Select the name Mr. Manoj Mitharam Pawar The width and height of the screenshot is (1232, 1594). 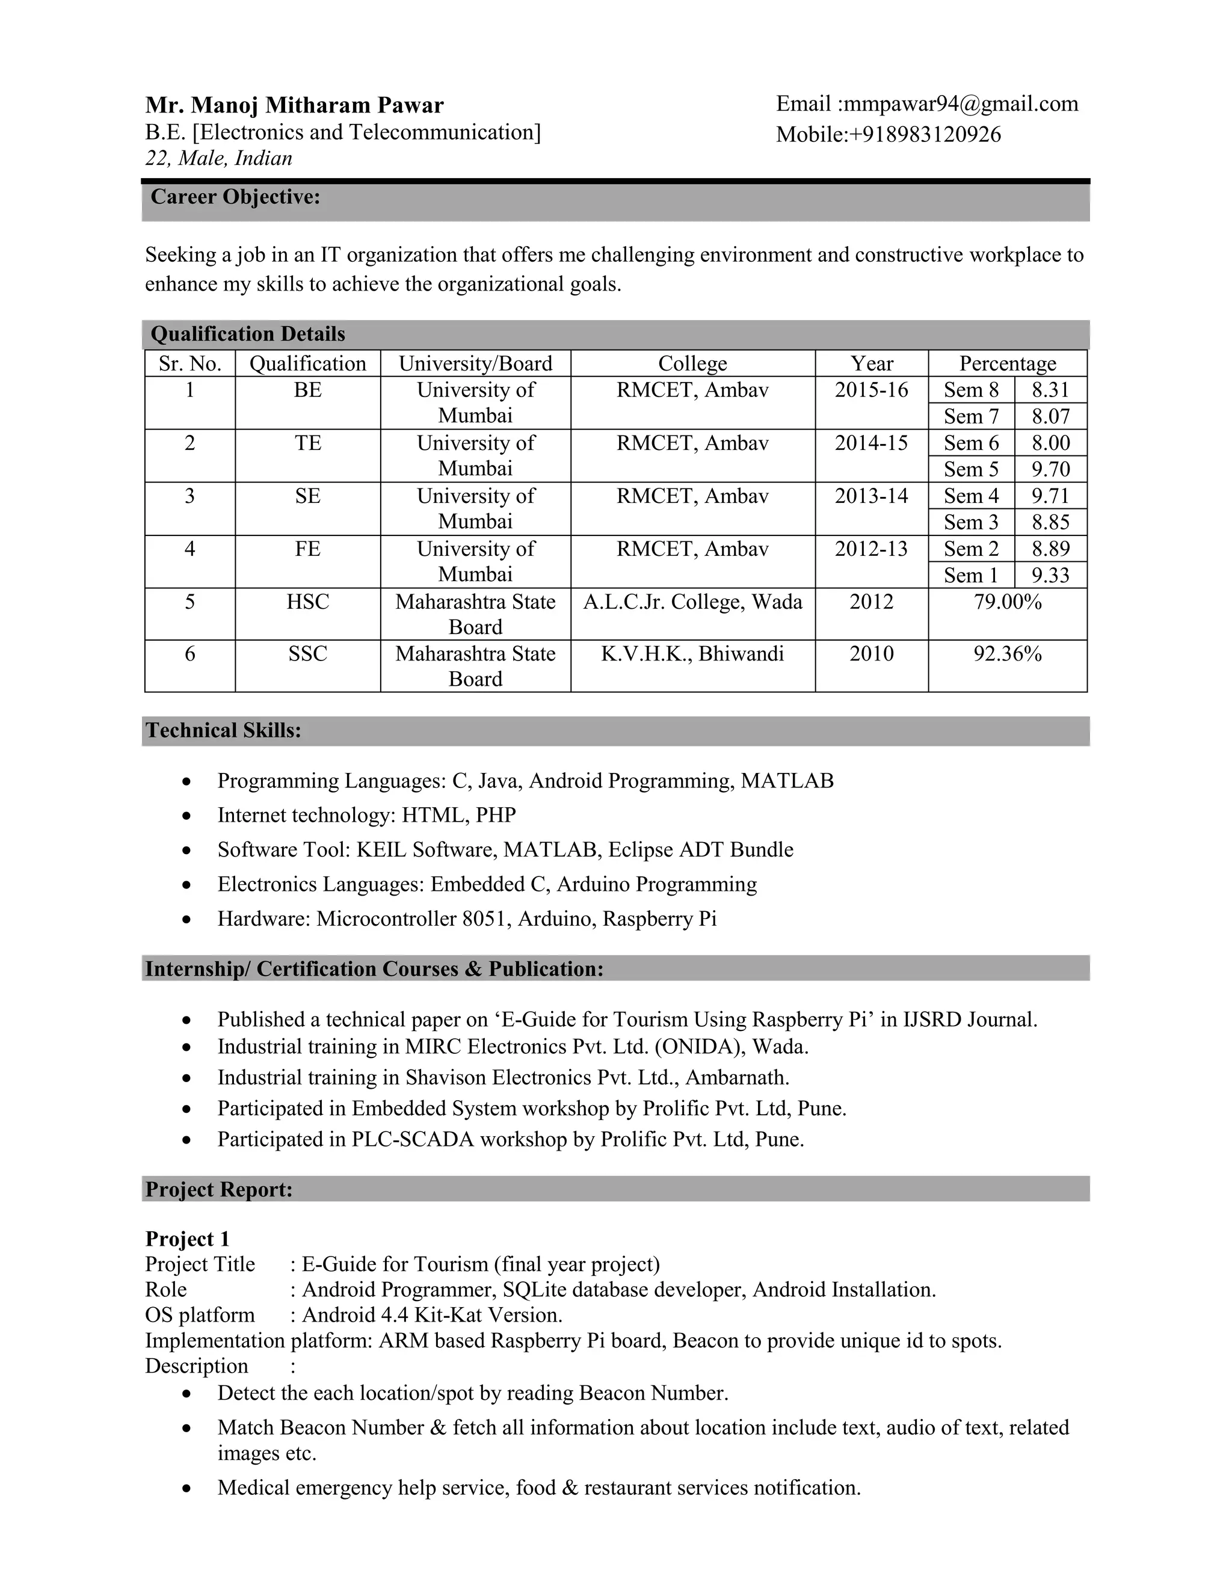pos(294,105)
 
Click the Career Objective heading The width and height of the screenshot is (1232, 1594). pos(235,197)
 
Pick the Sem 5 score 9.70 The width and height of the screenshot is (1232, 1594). pos(1050,469)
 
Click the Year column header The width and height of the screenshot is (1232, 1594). pos(872,363)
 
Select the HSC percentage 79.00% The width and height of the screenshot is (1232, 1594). pos(1007,602)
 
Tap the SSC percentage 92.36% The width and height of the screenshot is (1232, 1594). pos(1007,654)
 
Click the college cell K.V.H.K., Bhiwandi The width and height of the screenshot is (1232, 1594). pos(692,654)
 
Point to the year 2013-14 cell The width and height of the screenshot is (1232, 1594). pos(872,496)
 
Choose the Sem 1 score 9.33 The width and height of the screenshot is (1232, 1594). pos(1050,576)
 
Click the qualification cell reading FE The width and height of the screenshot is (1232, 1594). pos(307,549)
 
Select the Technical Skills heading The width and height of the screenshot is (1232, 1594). pos(223,731)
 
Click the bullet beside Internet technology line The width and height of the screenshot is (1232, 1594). pos(188,816)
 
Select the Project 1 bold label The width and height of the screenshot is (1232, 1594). pos(188,1239)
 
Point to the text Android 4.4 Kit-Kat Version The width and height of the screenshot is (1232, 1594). pos(432,1315)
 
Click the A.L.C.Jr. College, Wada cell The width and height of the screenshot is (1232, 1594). pos(692,602)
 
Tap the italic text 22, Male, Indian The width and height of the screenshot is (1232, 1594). pos(218,158)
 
